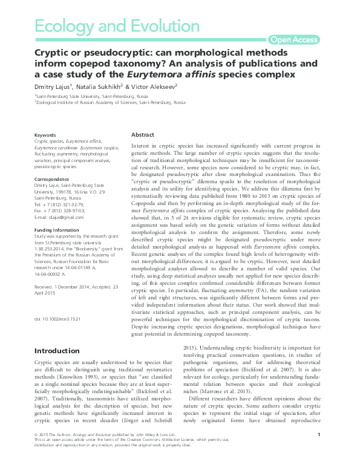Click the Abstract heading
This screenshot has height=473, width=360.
pyautogui.click(x=143, y=134)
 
